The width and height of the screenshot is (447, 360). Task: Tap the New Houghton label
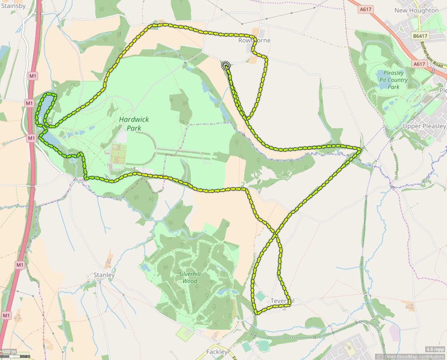tap(416, 11)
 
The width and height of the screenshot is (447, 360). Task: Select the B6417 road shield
tap(420, 36)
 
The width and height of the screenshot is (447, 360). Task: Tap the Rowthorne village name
tap(254, 40)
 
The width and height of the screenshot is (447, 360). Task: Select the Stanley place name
tap(104, 275)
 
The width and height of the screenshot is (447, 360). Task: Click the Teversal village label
tap(282, 301)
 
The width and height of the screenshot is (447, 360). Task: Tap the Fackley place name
tap(217, 352)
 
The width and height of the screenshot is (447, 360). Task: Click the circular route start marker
tap(225, 66)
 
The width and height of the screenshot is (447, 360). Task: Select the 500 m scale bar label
tap(9, 352)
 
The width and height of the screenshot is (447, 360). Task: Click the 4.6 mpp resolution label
tap(435, 349)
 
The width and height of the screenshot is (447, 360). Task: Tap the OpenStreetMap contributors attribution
tap(411, 356)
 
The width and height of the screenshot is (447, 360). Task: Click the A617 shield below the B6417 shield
tap(419, 64)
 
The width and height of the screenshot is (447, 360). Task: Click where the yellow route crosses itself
tap(276, 234)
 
